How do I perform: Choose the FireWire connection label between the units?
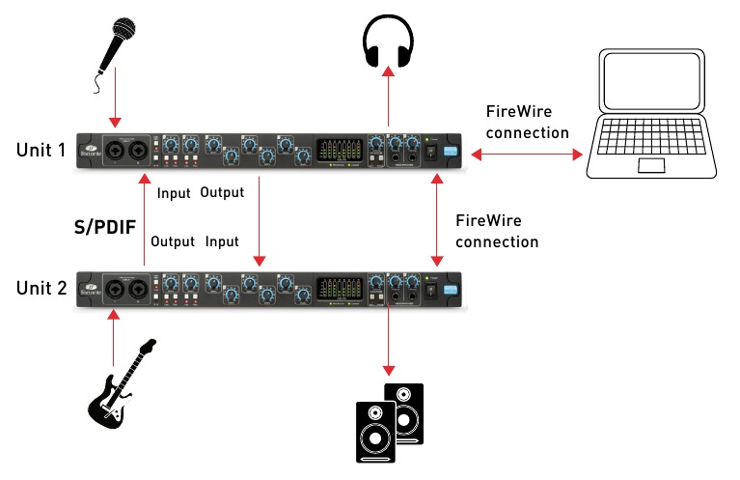[496, 231]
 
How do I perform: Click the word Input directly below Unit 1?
[174, 192]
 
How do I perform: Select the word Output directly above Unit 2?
[174, 240]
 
